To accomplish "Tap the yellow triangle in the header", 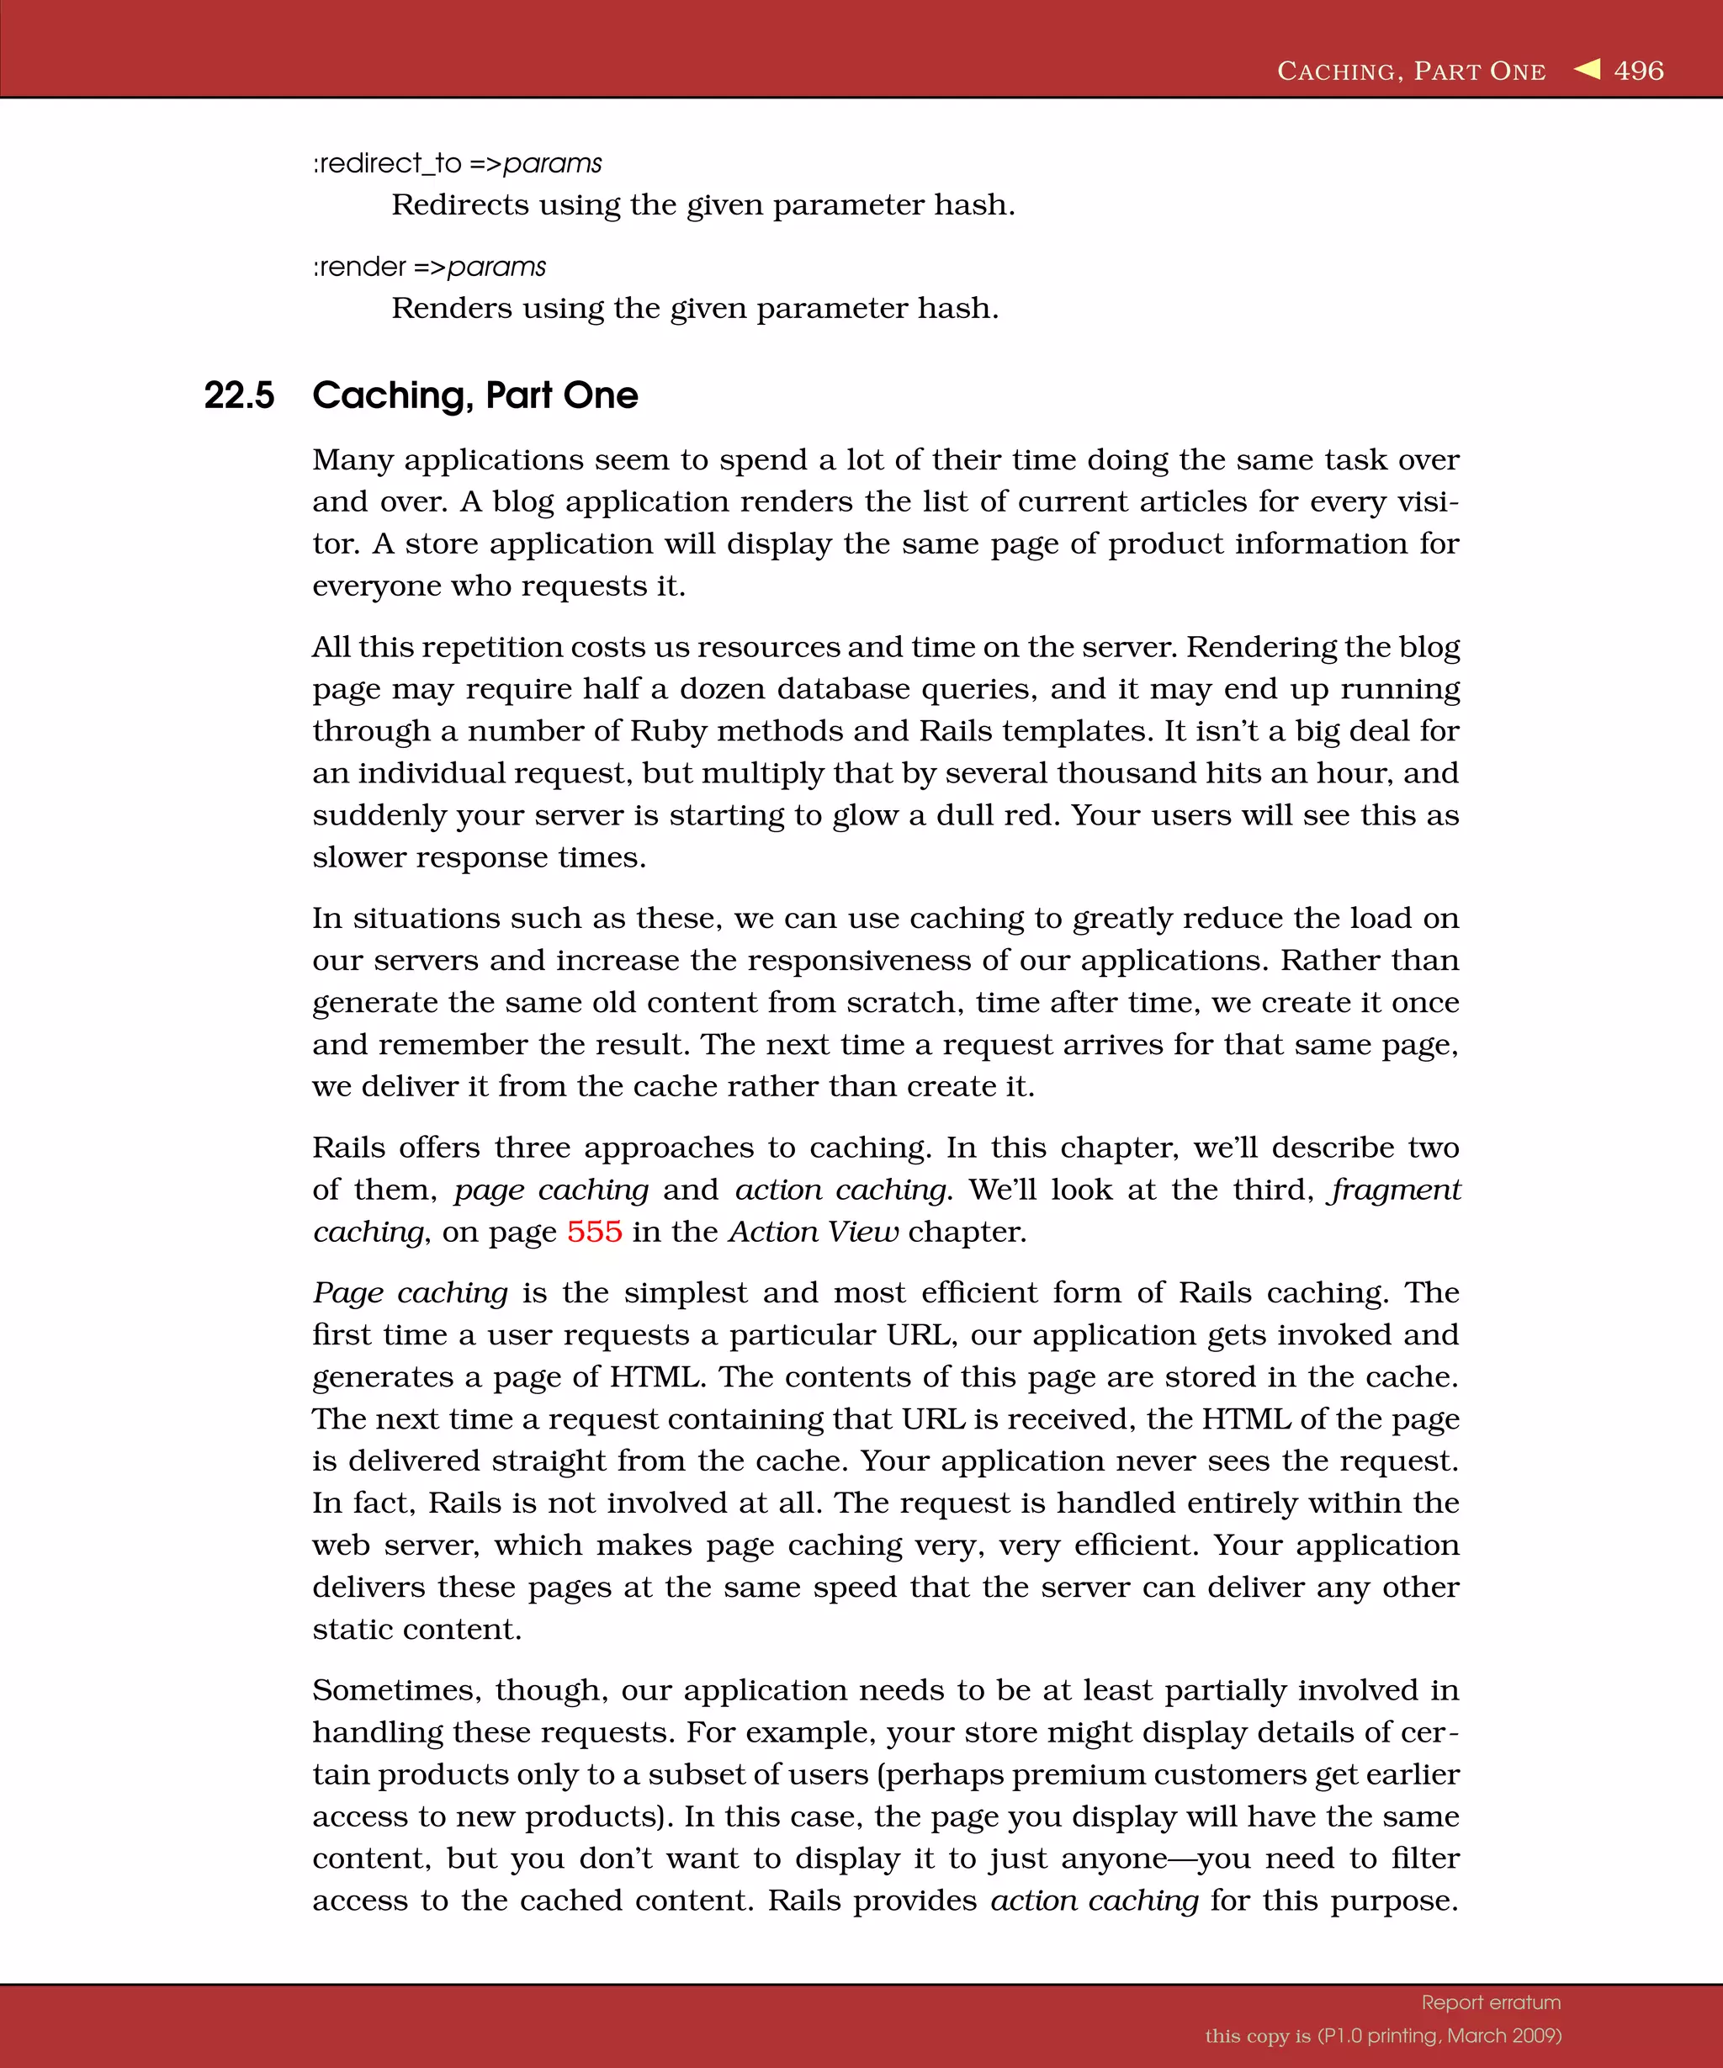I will (1588, 69).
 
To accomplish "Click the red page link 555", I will (594, 1232).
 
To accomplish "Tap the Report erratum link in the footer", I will (1491, 2002).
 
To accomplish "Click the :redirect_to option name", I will (387, 163).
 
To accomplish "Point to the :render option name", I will (359, 267).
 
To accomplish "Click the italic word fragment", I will (1396, 1190).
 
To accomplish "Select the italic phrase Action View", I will (814, 1232).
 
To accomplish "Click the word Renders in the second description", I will (451, 308).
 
